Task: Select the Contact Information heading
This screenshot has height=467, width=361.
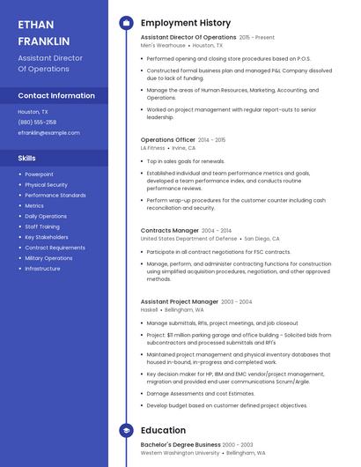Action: coord(56,95)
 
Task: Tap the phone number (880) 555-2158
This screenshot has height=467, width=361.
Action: coord(37,122)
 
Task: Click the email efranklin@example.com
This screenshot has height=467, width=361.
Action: coord(48,132)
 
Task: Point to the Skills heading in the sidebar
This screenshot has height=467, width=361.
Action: coord(27,158)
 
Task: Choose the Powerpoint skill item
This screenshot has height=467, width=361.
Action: coord(39,174)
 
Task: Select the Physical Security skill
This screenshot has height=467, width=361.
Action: coord(46,185)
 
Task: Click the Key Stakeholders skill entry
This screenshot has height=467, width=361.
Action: coord(47,237)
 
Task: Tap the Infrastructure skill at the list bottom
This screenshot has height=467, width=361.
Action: coord(43,269)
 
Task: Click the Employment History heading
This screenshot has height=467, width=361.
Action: coord(186,23)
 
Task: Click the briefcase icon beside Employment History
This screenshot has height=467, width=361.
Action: coord(127,23)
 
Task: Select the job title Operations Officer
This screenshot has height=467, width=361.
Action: coord(168,139)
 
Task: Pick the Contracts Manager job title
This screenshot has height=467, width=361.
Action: coord(170,230)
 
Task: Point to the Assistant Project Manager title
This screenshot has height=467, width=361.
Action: coord(180,301)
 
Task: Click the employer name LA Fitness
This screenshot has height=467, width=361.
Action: coord(153,148)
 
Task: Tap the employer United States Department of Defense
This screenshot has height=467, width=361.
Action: coord(189,238)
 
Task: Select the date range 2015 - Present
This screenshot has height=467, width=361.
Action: coord(257,38)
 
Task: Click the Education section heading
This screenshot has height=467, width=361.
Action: coord(163,431)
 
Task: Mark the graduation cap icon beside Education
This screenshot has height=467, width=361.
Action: coord(127,431)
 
